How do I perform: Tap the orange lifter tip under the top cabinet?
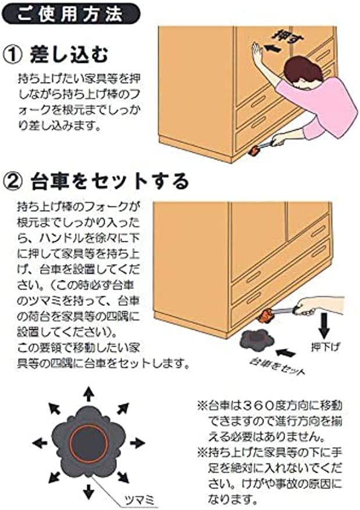point(254,152)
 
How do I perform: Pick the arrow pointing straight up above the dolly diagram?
point(88,393)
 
